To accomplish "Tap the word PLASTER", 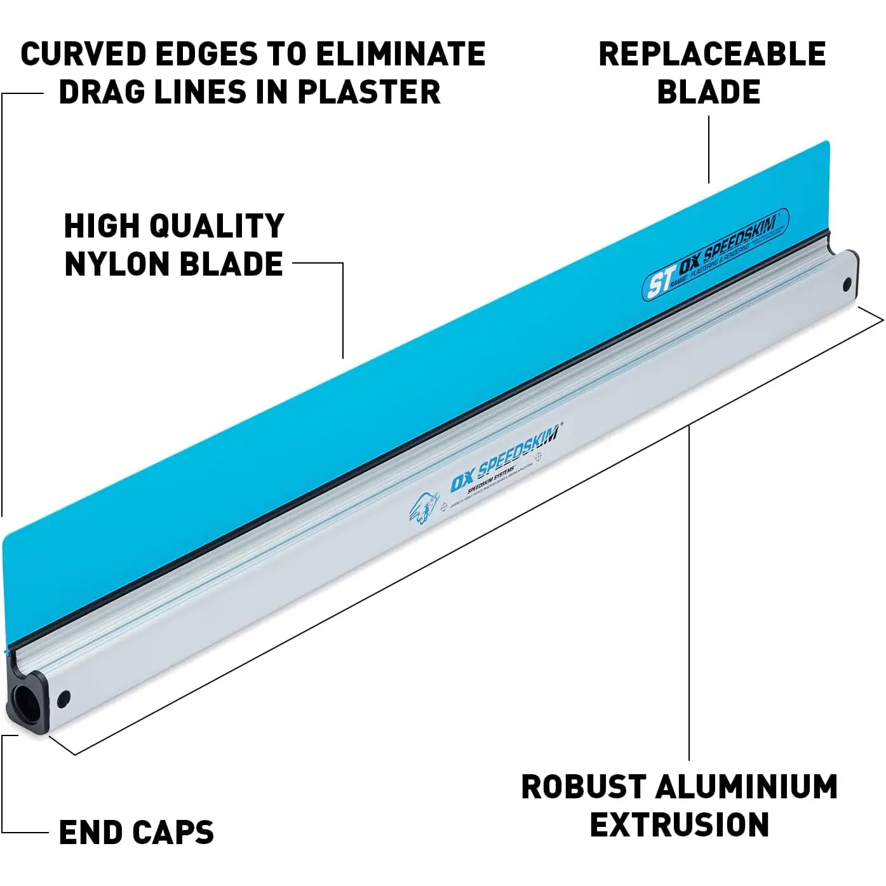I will (369, 92).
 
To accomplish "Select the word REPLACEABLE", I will (712, 54).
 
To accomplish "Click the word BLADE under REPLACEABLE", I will (708, 92).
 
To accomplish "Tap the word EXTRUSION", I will (679, 825).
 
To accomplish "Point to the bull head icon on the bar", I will (424, 509).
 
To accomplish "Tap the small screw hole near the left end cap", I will (64, 699).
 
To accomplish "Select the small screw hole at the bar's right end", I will (847, 285).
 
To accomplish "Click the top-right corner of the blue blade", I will (827, 144).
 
